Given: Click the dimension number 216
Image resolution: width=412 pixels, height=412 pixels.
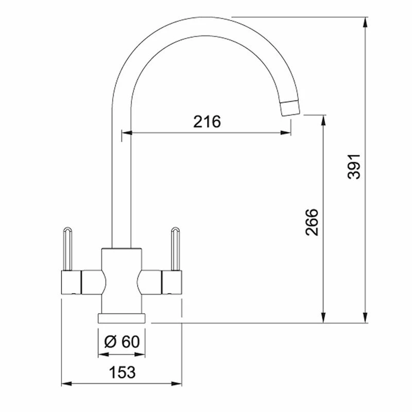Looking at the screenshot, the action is click(207, 122).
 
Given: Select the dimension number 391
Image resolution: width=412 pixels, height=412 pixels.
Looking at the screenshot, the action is click(354, 167).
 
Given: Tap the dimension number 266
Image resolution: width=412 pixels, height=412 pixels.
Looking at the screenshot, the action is click(312, 222).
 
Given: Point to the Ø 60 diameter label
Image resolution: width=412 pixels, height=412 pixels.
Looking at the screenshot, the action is click(122, 342).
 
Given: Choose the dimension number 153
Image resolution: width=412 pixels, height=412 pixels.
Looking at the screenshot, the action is click(122, 372).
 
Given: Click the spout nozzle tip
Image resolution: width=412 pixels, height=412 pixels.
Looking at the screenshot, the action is click(290, 108).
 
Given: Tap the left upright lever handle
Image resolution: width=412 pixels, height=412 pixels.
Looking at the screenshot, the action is click(67, 249).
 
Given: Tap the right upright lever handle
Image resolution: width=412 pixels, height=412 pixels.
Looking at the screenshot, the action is click(176, 249).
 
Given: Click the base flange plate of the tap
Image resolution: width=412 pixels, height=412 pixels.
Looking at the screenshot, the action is click(122, 318).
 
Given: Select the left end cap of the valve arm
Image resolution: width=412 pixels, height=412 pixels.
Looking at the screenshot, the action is click(71, 282).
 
